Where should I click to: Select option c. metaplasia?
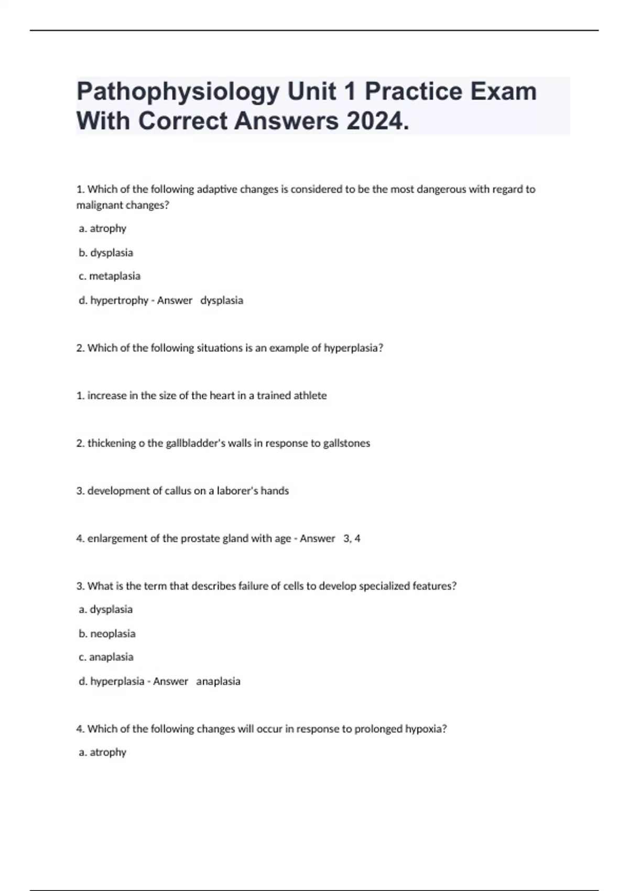click(110, 276)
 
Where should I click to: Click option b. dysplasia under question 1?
click(106, 253)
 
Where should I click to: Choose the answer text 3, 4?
click(352, 539)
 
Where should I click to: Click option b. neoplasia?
click(107, 634)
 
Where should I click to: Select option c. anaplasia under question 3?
click(106, 657)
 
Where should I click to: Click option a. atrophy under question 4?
click(103, 753)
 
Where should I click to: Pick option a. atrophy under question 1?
click(103, 229)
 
